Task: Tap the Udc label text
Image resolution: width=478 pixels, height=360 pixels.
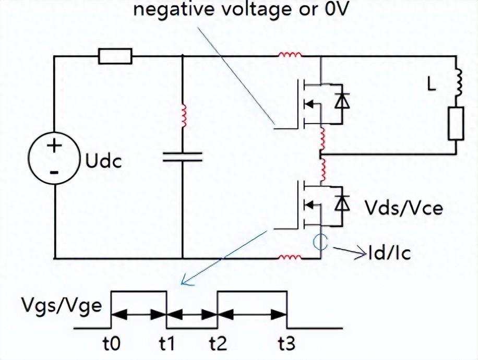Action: pos(103,161)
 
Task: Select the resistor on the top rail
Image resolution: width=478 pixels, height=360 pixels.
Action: pos(115,56)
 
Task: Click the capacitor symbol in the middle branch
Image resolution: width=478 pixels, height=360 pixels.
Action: pos(182,157)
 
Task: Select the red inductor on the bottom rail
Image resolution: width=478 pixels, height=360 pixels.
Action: pos(290,257)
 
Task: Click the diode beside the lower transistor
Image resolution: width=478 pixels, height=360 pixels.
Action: pos(342,203)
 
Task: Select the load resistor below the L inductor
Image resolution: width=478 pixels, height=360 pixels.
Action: pos(456,124)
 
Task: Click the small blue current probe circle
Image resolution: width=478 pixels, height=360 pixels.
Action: pos(319,241)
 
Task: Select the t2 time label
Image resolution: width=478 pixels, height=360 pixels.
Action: pos(218,344)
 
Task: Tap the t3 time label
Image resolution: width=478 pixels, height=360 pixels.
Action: pos(286,344)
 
